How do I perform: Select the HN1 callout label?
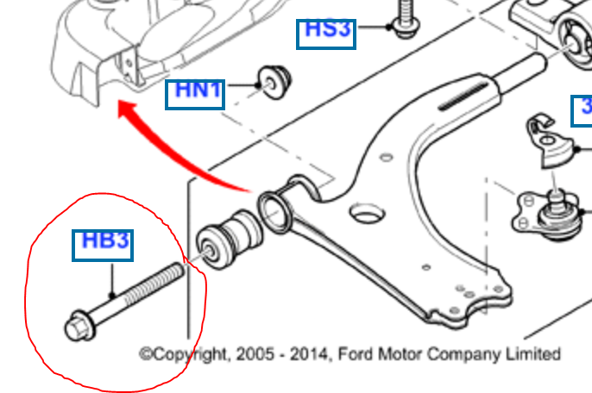[x=196, y=90]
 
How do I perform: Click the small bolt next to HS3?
[x=402, y=19]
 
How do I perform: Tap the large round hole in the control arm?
[x=368, y=211]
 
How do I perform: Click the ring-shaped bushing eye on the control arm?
[x=274, y=210]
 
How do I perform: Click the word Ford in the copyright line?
[x=354, y=354]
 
